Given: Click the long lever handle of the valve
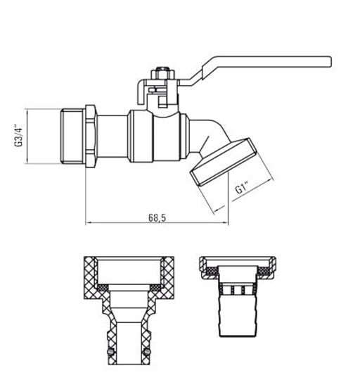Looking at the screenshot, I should [x=267, y=65].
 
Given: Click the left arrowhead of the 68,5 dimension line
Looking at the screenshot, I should [x=89, y=224].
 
